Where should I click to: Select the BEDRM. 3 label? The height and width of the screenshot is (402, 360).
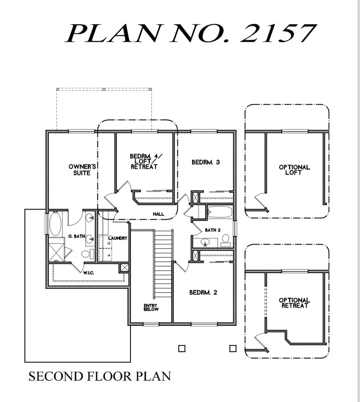tap(206, 162)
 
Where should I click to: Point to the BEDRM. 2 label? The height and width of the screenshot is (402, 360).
tap(203, 293)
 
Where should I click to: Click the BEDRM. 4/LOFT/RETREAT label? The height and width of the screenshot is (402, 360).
tap(144, 161)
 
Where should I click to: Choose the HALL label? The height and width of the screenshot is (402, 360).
tap(158, 214)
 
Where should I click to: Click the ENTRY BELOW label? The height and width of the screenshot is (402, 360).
tap(151, 307)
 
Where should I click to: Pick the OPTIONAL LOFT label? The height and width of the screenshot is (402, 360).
tap(294, 170)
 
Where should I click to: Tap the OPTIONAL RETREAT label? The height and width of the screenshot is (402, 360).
tap(294, 302)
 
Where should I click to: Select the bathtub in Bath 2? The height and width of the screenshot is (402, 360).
tap(219, 212)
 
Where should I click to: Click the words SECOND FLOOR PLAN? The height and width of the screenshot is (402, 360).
tap(100, 376)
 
